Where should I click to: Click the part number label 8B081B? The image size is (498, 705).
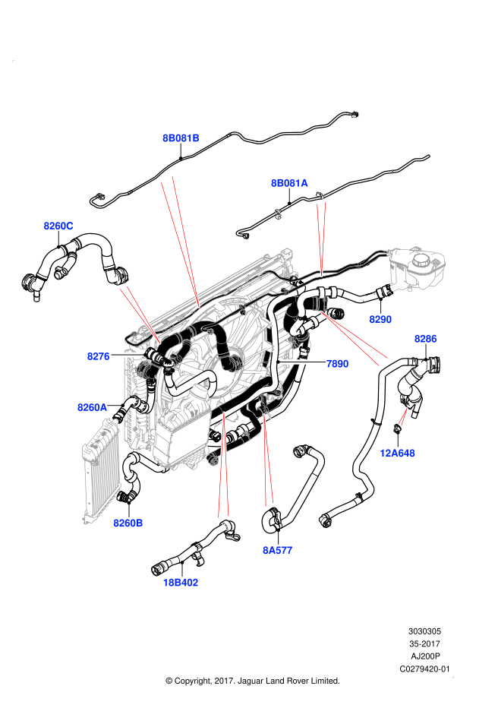[181, 138]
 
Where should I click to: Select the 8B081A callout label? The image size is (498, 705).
[289, 183]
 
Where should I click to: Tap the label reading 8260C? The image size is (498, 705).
[58, 226]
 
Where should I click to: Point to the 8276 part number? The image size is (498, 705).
[99, 356]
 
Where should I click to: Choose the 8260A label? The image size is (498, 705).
[93, 407]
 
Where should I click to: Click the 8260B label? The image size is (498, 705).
[128, 523]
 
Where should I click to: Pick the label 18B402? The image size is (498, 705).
[181, 583]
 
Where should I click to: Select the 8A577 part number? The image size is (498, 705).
[278, 550]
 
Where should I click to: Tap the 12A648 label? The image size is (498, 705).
[398, 454]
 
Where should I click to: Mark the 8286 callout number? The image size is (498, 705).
[426, 339]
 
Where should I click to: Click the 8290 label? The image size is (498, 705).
[380, 320]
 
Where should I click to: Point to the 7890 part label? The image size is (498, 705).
[337, 364]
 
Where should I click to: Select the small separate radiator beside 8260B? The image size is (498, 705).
[102, 471]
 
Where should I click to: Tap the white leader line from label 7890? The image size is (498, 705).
[304, 362]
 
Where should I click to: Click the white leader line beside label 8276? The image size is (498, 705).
[127, 355]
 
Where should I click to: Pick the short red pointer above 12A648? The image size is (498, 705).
[403, 416]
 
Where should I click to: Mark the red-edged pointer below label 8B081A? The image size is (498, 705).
[321, 236]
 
